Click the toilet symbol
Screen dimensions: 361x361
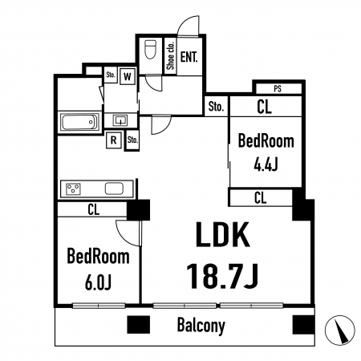point(150,49)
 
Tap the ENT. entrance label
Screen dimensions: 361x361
point(189,57)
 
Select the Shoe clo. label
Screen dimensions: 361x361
point(170,55)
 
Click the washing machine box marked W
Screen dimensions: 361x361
point(128,77)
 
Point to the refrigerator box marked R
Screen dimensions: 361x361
point(114,140)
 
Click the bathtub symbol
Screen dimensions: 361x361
point(79,122)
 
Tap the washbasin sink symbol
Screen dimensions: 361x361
point(120,120)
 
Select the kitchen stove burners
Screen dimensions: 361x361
point(73,189)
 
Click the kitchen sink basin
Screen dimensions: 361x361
point(114,189)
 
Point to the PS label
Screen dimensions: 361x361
point(278,89)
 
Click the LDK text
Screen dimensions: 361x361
point(222,234)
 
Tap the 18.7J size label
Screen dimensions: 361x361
point(221,276)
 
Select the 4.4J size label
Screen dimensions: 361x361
point(266,164)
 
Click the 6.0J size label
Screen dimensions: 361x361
point(98,283)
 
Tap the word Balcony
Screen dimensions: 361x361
point(201,326)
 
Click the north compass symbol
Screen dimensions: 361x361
point(340,330)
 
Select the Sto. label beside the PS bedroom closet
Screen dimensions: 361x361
point(216,107)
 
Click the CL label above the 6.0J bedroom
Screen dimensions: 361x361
point(94,209)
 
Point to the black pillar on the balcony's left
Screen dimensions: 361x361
point(138,325)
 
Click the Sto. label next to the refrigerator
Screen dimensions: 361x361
point(132,140)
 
